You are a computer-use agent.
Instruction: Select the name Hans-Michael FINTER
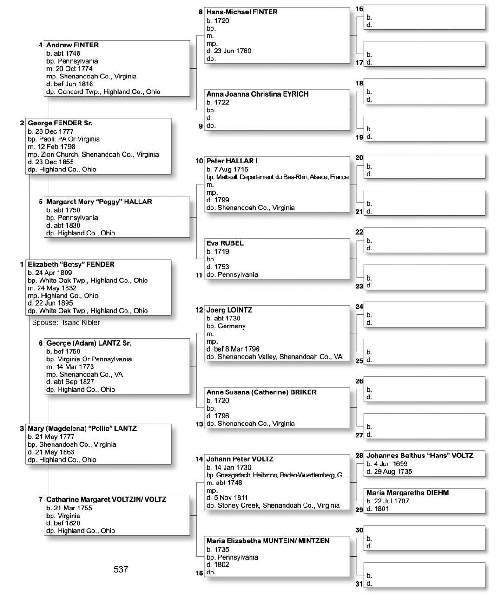[242, 12]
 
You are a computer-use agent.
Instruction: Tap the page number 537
[121, 569]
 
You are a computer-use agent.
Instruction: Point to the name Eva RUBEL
[225, 243]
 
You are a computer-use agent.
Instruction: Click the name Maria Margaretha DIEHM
[407, 493]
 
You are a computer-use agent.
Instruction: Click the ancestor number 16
[359, 9]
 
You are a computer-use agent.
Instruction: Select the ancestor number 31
[359, 584]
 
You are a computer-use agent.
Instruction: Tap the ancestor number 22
[359, 232]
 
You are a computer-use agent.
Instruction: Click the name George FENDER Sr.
[60, 123]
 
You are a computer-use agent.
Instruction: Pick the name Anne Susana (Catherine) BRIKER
[261, 392]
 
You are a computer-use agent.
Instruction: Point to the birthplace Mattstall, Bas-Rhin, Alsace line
[277, 177]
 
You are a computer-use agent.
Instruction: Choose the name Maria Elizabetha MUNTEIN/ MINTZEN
[268, 541]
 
